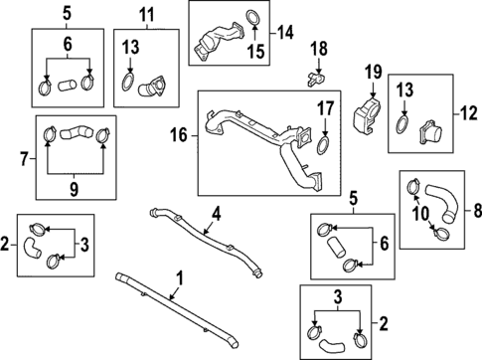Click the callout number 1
(x=179, y=279)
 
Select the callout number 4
(x=216, y=214)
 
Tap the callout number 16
(x=179, y=135)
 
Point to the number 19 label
(x=374, y=73)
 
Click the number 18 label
(x=319, y=49)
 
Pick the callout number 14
(x=285, y=33)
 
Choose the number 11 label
(x=146, y=15)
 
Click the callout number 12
(x=469, y=113)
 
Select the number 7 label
(x=24, y=159)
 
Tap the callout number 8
(x=477, y=210)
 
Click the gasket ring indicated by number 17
(x=323, y=146)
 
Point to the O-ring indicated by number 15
(x=253, y=18)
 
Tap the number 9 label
(x=74, y=189)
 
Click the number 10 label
(x=421, y=214)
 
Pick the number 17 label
(x=326, y=108)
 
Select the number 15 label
(x=256, y=52)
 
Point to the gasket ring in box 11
(x=128, y=83)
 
